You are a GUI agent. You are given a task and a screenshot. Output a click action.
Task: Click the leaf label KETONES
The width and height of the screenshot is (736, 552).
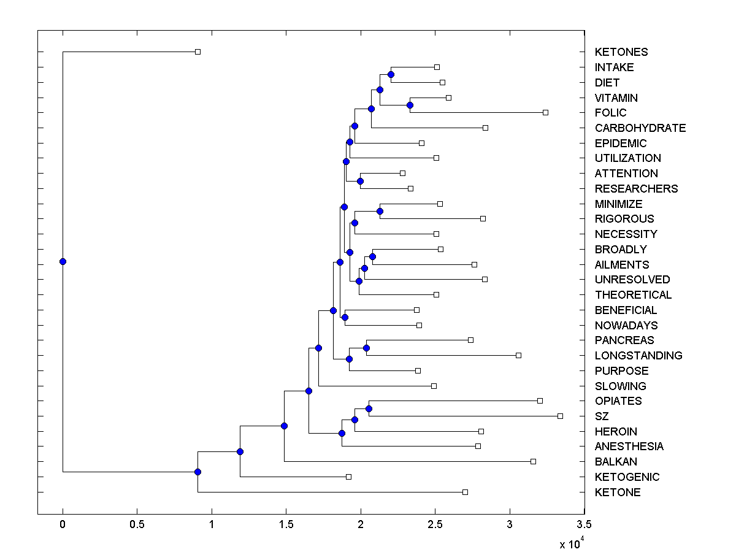(621, 52)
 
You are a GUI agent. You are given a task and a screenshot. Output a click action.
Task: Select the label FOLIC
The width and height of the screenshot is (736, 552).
(610, 113)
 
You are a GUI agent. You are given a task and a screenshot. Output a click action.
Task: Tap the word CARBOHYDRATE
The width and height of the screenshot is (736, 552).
(640, 128)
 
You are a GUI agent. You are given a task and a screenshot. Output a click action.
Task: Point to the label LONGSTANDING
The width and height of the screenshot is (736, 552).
(638, 356)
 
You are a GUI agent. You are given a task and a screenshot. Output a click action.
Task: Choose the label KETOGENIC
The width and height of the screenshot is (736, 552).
(627, 477)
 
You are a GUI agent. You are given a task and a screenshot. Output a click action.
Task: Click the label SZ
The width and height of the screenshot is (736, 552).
(602, 416)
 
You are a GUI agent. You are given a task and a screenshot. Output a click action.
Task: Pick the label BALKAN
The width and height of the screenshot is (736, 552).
(616, 462)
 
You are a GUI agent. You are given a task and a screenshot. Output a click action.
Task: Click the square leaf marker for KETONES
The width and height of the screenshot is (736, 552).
(197, 52)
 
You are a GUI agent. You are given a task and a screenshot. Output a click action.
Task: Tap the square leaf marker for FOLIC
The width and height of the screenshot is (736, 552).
(545, 113)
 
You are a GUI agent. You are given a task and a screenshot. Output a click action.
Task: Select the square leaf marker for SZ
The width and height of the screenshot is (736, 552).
(560, 416)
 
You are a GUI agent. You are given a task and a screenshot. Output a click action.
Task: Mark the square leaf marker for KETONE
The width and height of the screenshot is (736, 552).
(465, 492)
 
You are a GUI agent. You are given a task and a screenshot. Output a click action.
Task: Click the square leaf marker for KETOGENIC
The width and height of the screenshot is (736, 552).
(348, 477)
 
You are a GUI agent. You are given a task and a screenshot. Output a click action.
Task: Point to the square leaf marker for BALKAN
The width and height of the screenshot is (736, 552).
(533, 461)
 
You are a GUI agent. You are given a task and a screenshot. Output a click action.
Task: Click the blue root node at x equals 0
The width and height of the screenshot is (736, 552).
(63, 261)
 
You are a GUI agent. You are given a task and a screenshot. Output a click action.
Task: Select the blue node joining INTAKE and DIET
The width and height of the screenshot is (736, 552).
(391, 75)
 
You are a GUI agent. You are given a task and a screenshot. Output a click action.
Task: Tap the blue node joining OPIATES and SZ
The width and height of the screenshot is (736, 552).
(369, 408)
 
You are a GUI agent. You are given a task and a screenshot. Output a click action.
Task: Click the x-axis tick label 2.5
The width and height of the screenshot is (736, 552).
(435, 524)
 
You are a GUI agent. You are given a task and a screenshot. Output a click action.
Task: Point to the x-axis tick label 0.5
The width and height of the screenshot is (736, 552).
(137, 524)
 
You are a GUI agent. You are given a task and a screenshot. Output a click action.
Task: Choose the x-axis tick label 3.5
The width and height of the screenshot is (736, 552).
(584, 524)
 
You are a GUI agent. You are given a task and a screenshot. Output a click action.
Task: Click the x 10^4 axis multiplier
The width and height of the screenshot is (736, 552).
(571, 543)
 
